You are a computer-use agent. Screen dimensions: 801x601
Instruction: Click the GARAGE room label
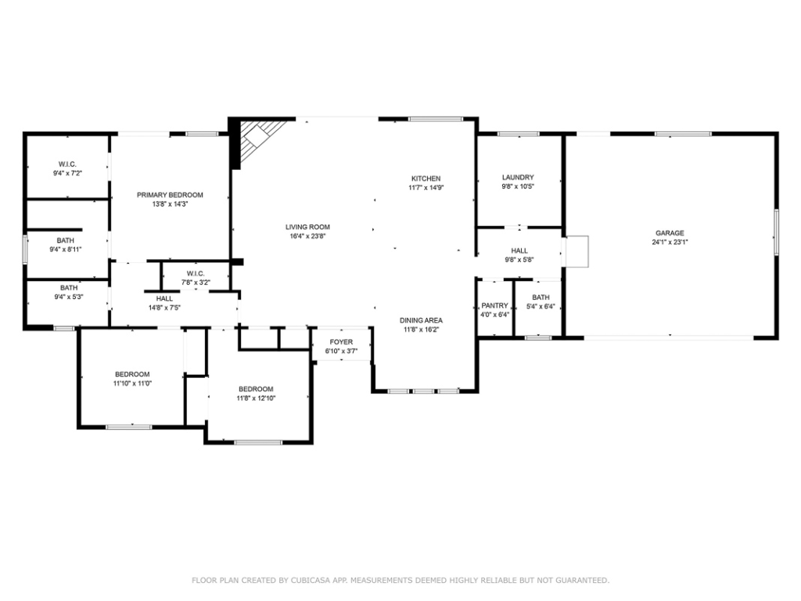pos(670,233)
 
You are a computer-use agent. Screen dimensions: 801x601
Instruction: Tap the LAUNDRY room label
pos(518,178)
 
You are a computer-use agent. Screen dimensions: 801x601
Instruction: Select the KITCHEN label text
pos(426,178)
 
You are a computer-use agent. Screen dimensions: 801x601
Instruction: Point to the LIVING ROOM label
pos(307,227)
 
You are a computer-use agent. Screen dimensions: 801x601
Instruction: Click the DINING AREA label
pos(421,320)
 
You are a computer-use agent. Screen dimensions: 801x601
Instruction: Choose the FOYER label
pos(341,342)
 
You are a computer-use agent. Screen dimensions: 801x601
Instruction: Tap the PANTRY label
pos(494,306)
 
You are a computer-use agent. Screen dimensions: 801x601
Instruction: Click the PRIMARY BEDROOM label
pos(170,195)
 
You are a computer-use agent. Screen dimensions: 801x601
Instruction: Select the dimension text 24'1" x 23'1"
pos(670,243)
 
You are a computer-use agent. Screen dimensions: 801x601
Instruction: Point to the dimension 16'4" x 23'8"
pos(307,236)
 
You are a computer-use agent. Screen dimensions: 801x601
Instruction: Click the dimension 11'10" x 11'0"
pos(132,383)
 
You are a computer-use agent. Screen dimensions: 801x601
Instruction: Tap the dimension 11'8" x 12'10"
pos(256,398)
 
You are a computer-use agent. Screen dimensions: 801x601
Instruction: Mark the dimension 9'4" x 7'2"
pos(67,173)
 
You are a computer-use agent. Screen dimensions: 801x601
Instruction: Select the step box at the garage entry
pos(577,251)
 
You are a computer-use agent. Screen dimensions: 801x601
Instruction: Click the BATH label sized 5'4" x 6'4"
pos(541,297)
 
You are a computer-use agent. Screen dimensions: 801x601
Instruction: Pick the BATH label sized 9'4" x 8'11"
pos(66,240)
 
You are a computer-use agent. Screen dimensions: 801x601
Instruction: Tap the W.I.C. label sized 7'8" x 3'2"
pos(196,273)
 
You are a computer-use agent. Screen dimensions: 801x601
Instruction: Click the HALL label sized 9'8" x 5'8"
pos(519,250)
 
